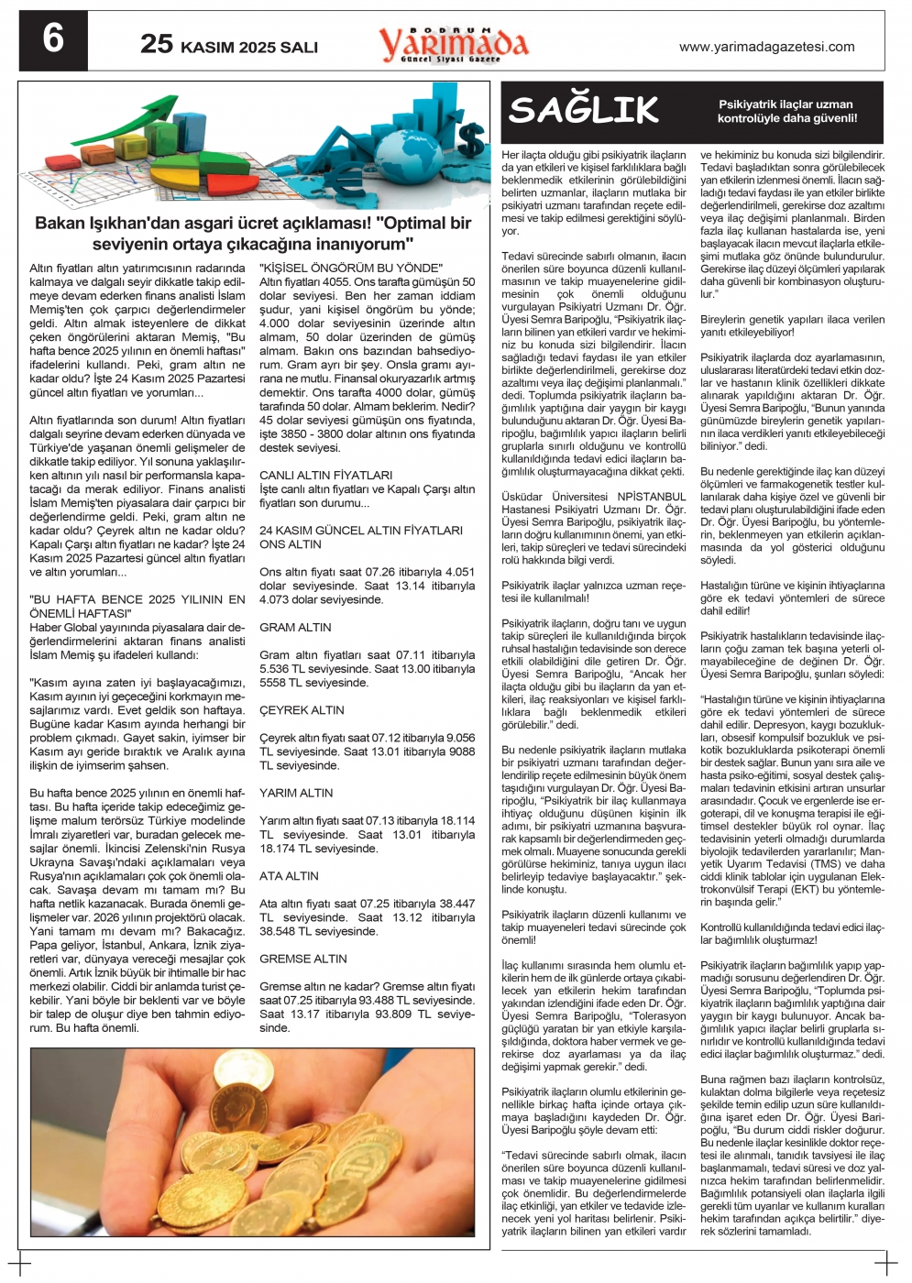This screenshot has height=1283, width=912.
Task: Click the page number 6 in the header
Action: pos(53,40)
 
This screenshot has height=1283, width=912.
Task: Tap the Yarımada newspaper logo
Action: pos(454,43)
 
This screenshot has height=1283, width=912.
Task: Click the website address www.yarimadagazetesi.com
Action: pos(766,47)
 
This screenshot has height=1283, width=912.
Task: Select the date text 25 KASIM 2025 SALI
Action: pos(229,44)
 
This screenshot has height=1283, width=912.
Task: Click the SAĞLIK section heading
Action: pos(584,110)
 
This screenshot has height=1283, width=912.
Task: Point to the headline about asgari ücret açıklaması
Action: pos(253,234)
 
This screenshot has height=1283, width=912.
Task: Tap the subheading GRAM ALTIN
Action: pos(295,628)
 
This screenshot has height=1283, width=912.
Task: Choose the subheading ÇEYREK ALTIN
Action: pos(302,710)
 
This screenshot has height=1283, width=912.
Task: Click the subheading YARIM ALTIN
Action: pos(296,793)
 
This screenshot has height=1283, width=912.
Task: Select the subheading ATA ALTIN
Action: pos(289,876)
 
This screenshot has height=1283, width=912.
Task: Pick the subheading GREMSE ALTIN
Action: pos(302,959)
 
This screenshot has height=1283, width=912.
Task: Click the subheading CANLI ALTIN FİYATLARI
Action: pos(325,476)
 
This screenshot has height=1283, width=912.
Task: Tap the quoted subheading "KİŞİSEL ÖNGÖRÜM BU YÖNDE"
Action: pos(351,268)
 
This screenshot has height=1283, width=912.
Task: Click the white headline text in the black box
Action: pos(786,111)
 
